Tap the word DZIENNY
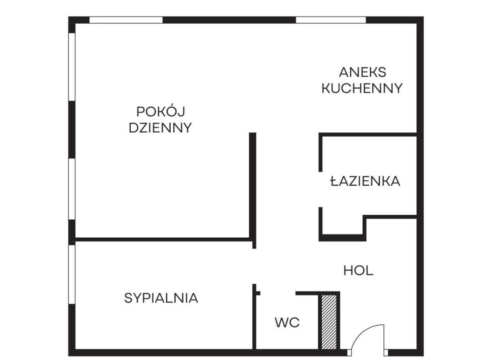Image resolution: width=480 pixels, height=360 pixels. (160, 128)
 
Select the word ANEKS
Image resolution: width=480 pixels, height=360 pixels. (362, 72)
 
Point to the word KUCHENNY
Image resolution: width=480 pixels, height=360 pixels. (362, 88)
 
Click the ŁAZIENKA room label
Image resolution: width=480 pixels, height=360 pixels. (365, 181)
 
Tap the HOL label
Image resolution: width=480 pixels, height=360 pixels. (358, 271)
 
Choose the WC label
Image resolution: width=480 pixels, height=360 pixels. (287, 322)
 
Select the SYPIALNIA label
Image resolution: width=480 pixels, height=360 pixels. (161, 298)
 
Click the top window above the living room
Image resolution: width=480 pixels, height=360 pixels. (126, 20)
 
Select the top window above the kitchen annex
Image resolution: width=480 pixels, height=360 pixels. (330, 20)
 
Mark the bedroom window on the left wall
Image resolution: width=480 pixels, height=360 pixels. (72, 274)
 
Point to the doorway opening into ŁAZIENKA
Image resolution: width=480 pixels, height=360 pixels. (321, 189)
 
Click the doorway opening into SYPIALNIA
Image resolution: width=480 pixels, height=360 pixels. (254, 266)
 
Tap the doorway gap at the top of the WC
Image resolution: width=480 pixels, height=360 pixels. (278, 293)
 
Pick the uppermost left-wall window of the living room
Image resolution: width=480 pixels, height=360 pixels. (72, 67)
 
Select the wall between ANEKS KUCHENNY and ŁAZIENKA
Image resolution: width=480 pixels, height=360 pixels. (367, 135)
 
